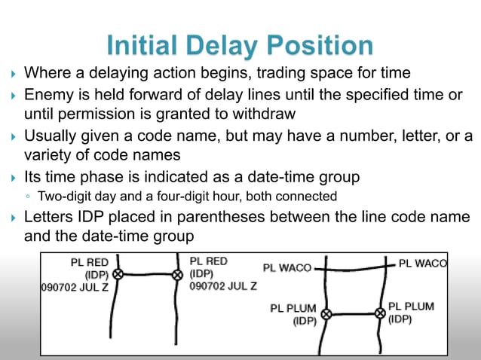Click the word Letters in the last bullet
50,218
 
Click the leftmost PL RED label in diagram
90,262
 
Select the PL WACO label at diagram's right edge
422,264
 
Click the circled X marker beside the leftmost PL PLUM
326,314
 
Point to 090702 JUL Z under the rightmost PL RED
223,286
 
